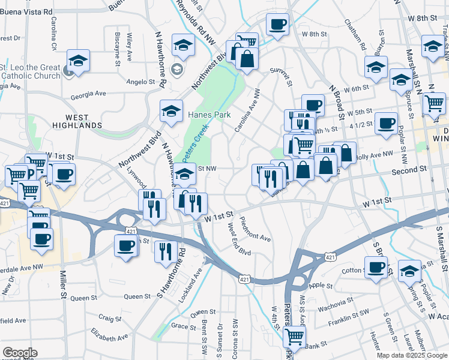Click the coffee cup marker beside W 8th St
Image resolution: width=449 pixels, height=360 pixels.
[277, 25]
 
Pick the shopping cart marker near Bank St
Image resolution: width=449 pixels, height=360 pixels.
[294, 338]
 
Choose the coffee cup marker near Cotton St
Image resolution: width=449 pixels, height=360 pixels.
[376, 268]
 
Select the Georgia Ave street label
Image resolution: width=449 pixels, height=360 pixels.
[88, 94]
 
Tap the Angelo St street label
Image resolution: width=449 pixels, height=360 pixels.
[140, 82]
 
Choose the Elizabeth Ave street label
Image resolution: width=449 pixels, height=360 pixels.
[109, 334]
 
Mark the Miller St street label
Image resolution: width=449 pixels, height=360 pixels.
[62, 285]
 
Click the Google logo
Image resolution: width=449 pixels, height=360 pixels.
[20, 353]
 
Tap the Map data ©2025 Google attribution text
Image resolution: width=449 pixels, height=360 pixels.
[411, 355]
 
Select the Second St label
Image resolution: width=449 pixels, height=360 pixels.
[406, 170]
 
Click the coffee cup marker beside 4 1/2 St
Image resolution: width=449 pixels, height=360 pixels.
[386, 123]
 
